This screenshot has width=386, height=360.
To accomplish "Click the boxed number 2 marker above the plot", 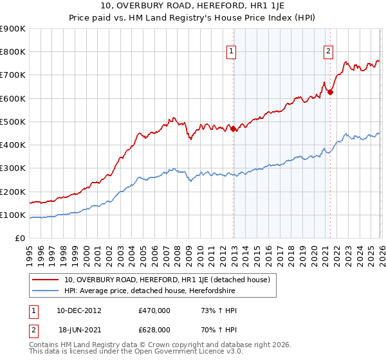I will tap(329, 53).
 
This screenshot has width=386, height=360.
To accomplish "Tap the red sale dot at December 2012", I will tap(234, 129).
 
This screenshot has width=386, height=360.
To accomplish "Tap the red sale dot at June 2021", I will tap(330, 92).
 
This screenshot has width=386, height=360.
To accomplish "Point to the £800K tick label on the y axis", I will tap(13, 52).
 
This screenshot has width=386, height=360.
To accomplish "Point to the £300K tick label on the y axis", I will tap(13, 168).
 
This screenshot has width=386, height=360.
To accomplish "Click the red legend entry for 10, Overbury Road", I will tap(170, 280).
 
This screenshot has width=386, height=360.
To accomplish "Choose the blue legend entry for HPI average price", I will tap(150, 291).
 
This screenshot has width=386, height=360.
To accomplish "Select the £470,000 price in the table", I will tap(154, 310).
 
